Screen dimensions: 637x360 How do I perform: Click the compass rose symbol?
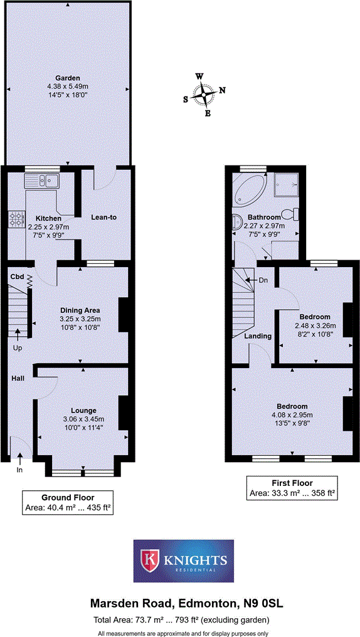pos(204,95)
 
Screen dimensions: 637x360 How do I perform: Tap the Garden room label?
pos(67,78)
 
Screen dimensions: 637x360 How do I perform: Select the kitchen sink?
pos(41,181)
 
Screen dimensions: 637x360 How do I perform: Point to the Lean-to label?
pos(104,218)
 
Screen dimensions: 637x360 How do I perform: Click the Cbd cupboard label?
pos(18,276)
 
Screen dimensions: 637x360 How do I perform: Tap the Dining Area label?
pos(80,310)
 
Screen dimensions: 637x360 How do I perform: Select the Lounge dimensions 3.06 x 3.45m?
pos(83,419)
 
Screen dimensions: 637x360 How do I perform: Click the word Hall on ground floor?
pos(17,378)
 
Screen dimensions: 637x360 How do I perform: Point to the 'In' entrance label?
pos(19,469)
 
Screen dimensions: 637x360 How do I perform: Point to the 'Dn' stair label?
pos(263,280)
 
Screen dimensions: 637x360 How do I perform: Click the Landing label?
pos(258,336)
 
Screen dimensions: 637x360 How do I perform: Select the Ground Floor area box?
pos(67,502)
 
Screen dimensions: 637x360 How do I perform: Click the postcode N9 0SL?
pos(263,604)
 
